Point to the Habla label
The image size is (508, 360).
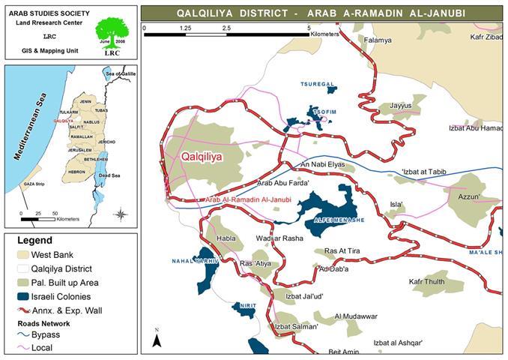226,239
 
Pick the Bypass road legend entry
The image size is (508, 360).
42,334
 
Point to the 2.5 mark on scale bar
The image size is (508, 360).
226,28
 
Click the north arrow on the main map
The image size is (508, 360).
157,340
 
